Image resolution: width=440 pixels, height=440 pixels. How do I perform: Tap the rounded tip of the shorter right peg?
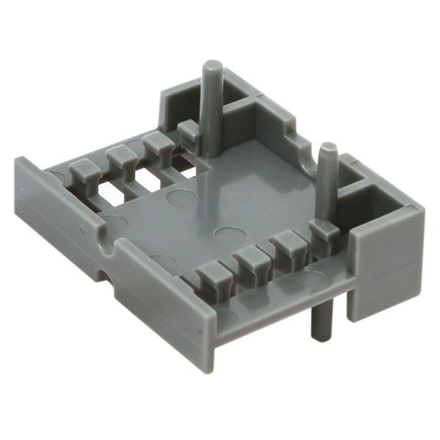pos(329,149)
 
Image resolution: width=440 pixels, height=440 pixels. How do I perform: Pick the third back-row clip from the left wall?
pos(155,141)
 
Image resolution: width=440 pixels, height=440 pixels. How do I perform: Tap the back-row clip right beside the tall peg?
pos(188,131)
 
